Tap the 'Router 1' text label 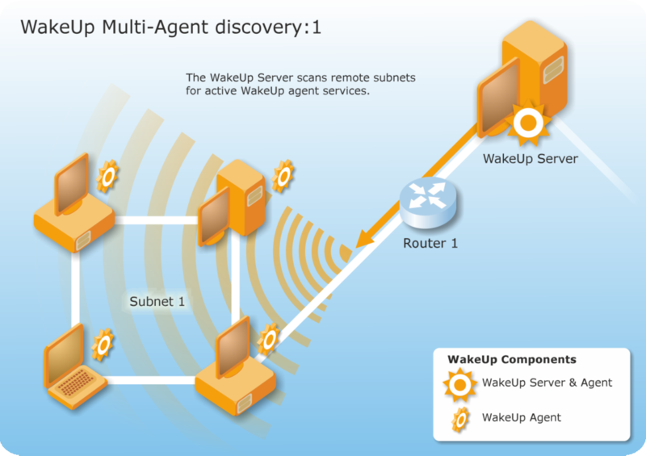pyautogui.click(x=430, y=242)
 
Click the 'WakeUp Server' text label pyautogui.click(x=530, y=159)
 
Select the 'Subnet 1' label pyautogui.click(x=157, y=302)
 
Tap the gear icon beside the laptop pyautogui.click(x=103, y=345)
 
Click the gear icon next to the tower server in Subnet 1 pyautogui.click(x=283, y=175)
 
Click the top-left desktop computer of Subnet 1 pyautogui.click(x=73, y=206)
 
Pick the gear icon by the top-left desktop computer pyautogui.click(x=107, y=178)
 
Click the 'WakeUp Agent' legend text pyautogui.click(x=521, y=417)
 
